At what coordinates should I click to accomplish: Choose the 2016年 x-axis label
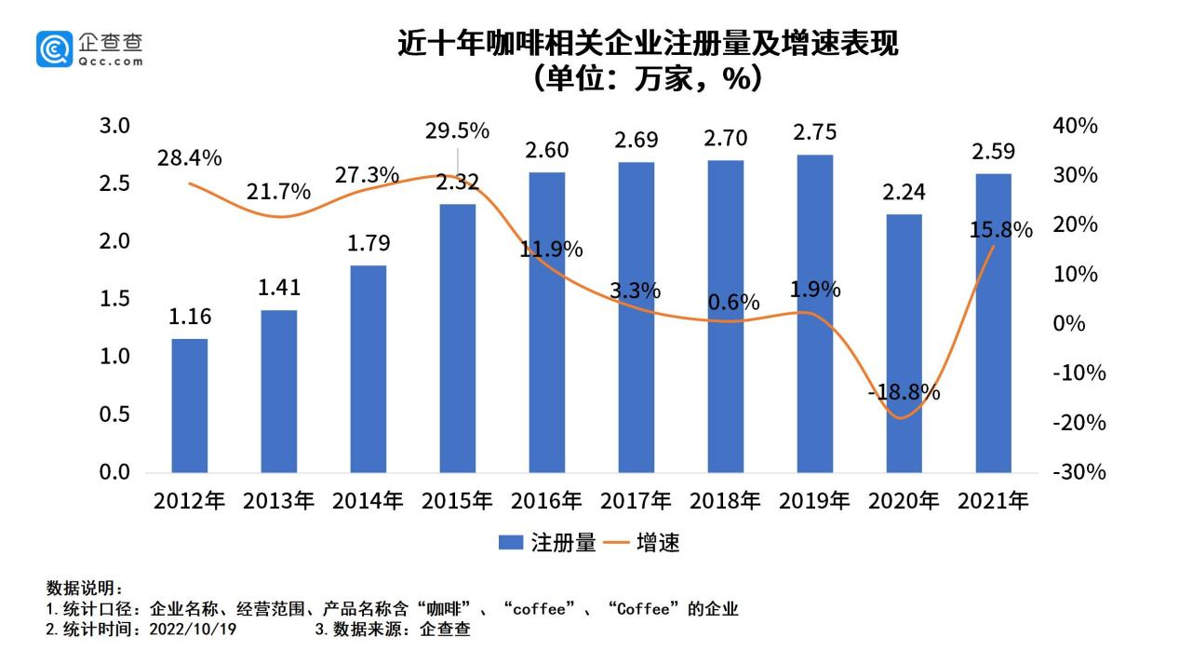tap(546, 501)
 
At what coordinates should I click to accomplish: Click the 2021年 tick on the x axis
tap(993, 501)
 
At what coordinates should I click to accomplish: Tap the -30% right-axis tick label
tap(1079, 472)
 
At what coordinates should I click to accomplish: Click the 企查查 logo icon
tap(54, 48)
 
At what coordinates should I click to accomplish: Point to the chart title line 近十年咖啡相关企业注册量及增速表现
tap(648, 44)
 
